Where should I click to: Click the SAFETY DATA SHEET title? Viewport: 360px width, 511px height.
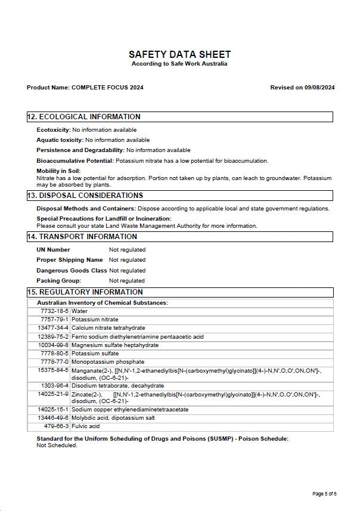179,54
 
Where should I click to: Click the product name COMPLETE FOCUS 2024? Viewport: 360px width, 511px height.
107,88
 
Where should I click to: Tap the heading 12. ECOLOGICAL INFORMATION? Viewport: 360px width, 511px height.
84,117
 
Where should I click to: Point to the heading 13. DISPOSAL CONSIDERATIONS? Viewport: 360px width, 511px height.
85,196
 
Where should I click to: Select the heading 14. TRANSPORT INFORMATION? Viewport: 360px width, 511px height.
82,237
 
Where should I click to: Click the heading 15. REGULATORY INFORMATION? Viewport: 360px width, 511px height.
85,292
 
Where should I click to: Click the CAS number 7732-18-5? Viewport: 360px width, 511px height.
55,311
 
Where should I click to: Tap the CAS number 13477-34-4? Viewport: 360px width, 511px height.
53,328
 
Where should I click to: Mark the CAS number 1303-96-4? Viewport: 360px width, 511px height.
55,386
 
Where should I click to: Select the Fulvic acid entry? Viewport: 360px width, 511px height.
86,426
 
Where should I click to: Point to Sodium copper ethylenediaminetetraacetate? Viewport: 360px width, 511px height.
129,410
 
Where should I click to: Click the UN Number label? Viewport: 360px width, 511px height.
53,250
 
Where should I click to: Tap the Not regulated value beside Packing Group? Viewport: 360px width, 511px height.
127,281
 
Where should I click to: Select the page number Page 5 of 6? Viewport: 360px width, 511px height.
324,494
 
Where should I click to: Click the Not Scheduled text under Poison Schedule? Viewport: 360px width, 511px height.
57,445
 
